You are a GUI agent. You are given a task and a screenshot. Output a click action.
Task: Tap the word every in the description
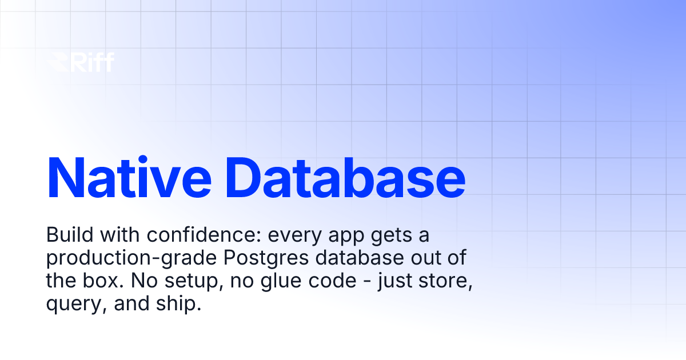[271, 235]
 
